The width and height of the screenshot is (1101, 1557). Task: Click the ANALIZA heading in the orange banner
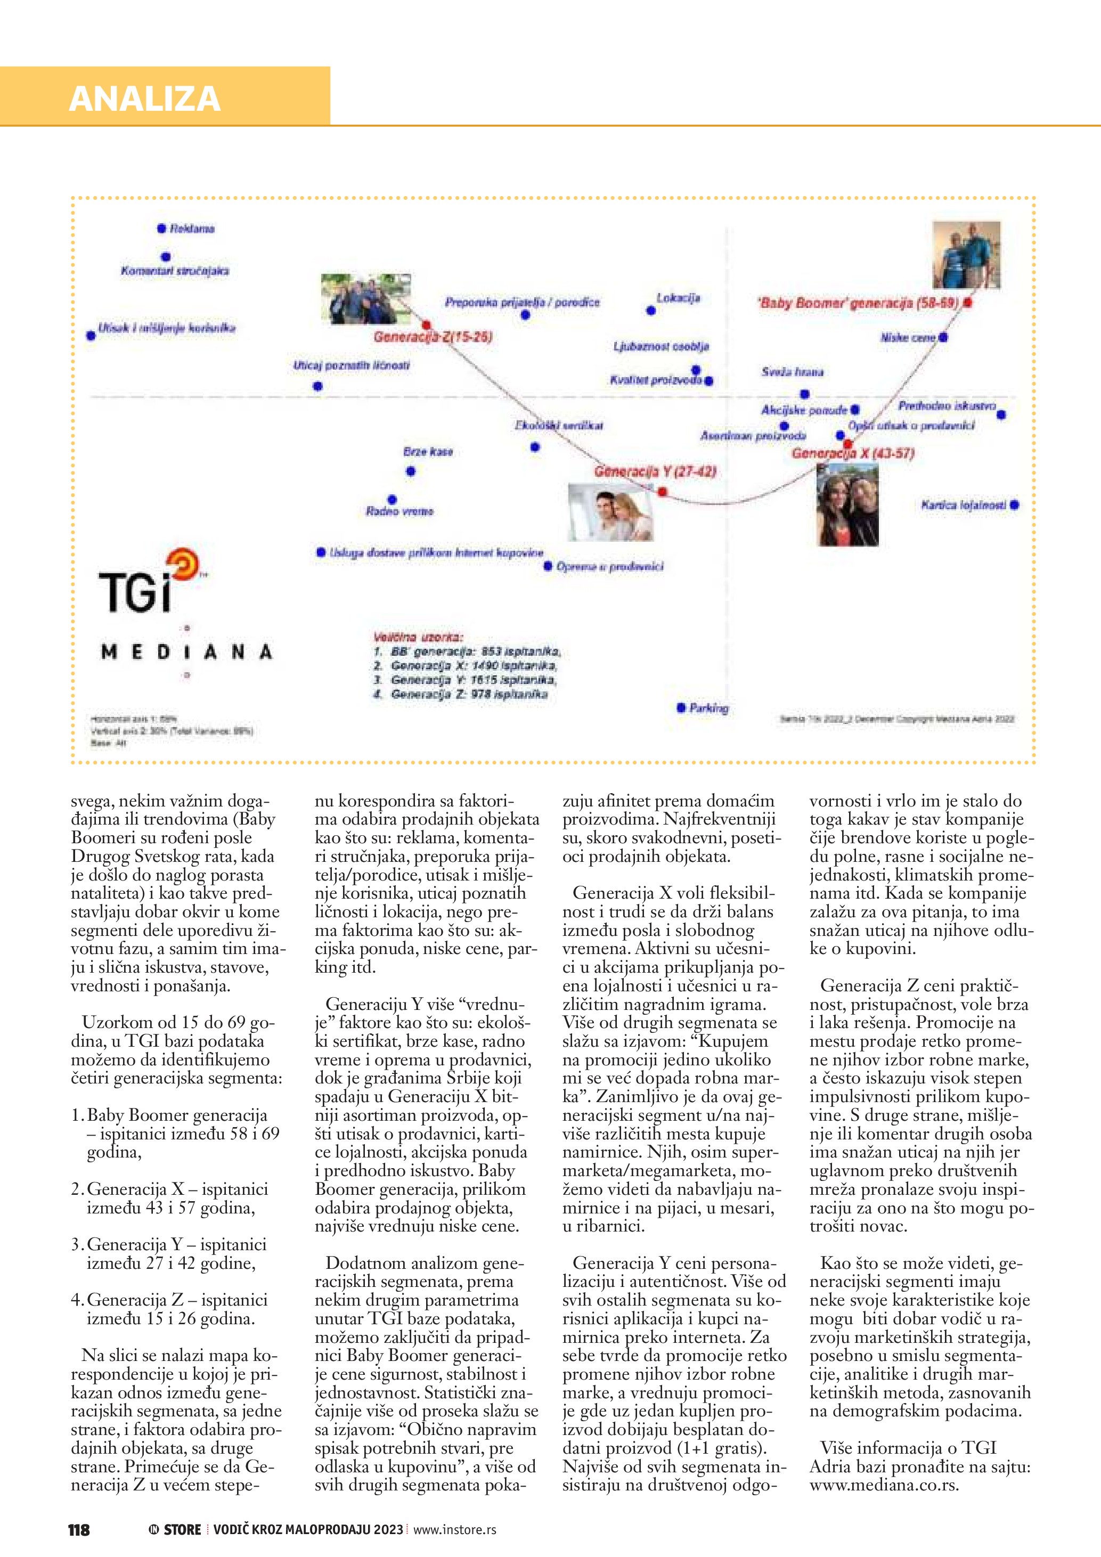coord(144,99)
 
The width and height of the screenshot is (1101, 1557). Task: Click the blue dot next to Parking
coord(681,708)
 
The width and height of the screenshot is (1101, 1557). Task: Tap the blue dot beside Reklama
coord(161,229)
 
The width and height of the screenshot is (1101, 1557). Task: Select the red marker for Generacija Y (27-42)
coord(663,491)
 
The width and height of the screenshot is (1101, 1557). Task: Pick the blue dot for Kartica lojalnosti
coord(1014,504)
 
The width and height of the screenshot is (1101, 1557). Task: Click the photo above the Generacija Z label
coord(366,298)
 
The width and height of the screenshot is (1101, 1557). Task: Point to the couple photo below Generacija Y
coord(610,512)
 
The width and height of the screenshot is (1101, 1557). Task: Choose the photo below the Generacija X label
coord(847,504)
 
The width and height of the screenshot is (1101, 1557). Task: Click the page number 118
coord(79,1529)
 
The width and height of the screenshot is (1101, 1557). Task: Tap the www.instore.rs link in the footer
coord(454,1529)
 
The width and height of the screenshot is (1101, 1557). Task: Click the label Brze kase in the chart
coord(428,452)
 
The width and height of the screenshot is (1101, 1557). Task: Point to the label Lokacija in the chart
coord(678,298)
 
